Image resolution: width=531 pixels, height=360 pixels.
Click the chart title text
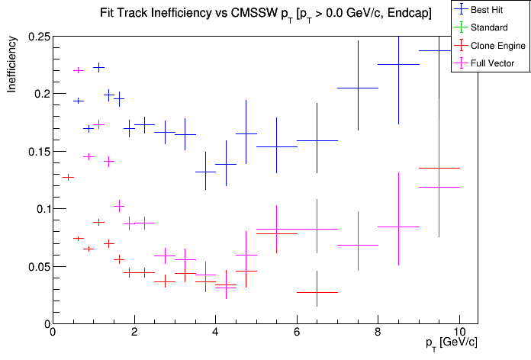(x=265, y=14)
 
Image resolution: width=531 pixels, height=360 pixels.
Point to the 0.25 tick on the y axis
(x=37, y=37)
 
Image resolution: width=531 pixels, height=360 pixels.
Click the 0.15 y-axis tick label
(x=37, y=152)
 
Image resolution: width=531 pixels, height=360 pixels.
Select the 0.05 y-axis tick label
(x=37, y=267)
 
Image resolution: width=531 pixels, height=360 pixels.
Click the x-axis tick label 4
(x=215, y=333)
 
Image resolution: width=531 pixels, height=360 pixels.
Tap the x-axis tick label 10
(x=459, y=333)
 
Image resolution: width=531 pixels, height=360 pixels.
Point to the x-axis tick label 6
(x=297, y=333)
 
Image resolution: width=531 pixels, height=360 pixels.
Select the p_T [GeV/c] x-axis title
(x=451, y=342)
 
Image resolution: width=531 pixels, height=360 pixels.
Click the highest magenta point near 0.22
(x=78, y=70)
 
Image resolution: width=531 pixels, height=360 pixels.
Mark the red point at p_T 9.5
(x=439, y=168)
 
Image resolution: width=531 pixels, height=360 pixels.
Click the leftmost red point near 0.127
(x=68, y=177)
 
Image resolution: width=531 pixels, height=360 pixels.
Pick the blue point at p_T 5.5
(x=276, y=146)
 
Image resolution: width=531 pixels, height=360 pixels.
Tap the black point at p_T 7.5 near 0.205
(x=358, y=88)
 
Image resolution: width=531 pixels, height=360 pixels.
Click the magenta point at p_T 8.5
(x=398, y=227)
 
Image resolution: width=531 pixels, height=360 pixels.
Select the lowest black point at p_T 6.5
(x=317, y=292)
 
